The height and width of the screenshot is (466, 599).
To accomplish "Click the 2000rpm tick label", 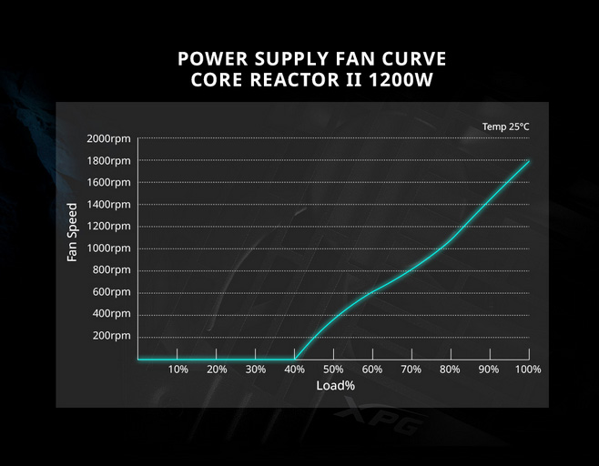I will tap(109, 138).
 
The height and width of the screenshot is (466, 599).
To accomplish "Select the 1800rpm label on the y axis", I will tap(109, 160).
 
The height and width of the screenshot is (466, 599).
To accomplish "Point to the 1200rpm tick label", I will tap(109, 226).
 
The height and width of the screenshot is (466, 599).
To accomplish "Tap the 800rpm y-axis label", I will tap(112, 269).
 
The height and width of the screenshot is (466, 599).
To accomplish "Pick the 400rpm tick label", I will tap(112, 313).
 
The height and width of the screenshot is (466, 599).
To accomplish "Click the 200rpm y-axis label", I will tap(112, 336).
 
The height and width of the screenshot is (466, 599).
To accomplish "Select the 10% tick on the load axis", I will tap(178, 369).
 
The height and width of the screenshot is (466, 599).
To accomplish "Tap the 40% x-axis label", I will tap(295, 369).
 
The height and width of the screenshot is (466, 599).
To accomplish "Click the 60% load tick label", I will tap(372, 369).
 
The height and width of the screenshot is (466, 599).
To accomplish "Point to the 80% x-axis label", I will tap(450, 369).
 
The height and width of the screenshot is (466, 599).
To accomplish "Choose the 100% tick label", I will tap(528, 369).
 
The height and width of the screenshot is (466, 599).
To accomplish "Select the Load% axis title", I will tap(335, 386).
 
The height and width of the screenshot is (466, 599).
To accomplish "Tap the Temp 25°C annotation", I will tap(505, 127).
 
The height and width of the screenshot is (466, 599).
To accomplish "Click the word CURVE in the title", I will tap(409, 59).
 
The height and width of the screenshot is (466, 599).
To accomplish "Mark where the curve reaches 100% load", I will tap(528, 161).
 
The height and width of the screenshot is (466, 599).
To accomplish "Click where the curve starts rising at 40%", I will tap(295, 359).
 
